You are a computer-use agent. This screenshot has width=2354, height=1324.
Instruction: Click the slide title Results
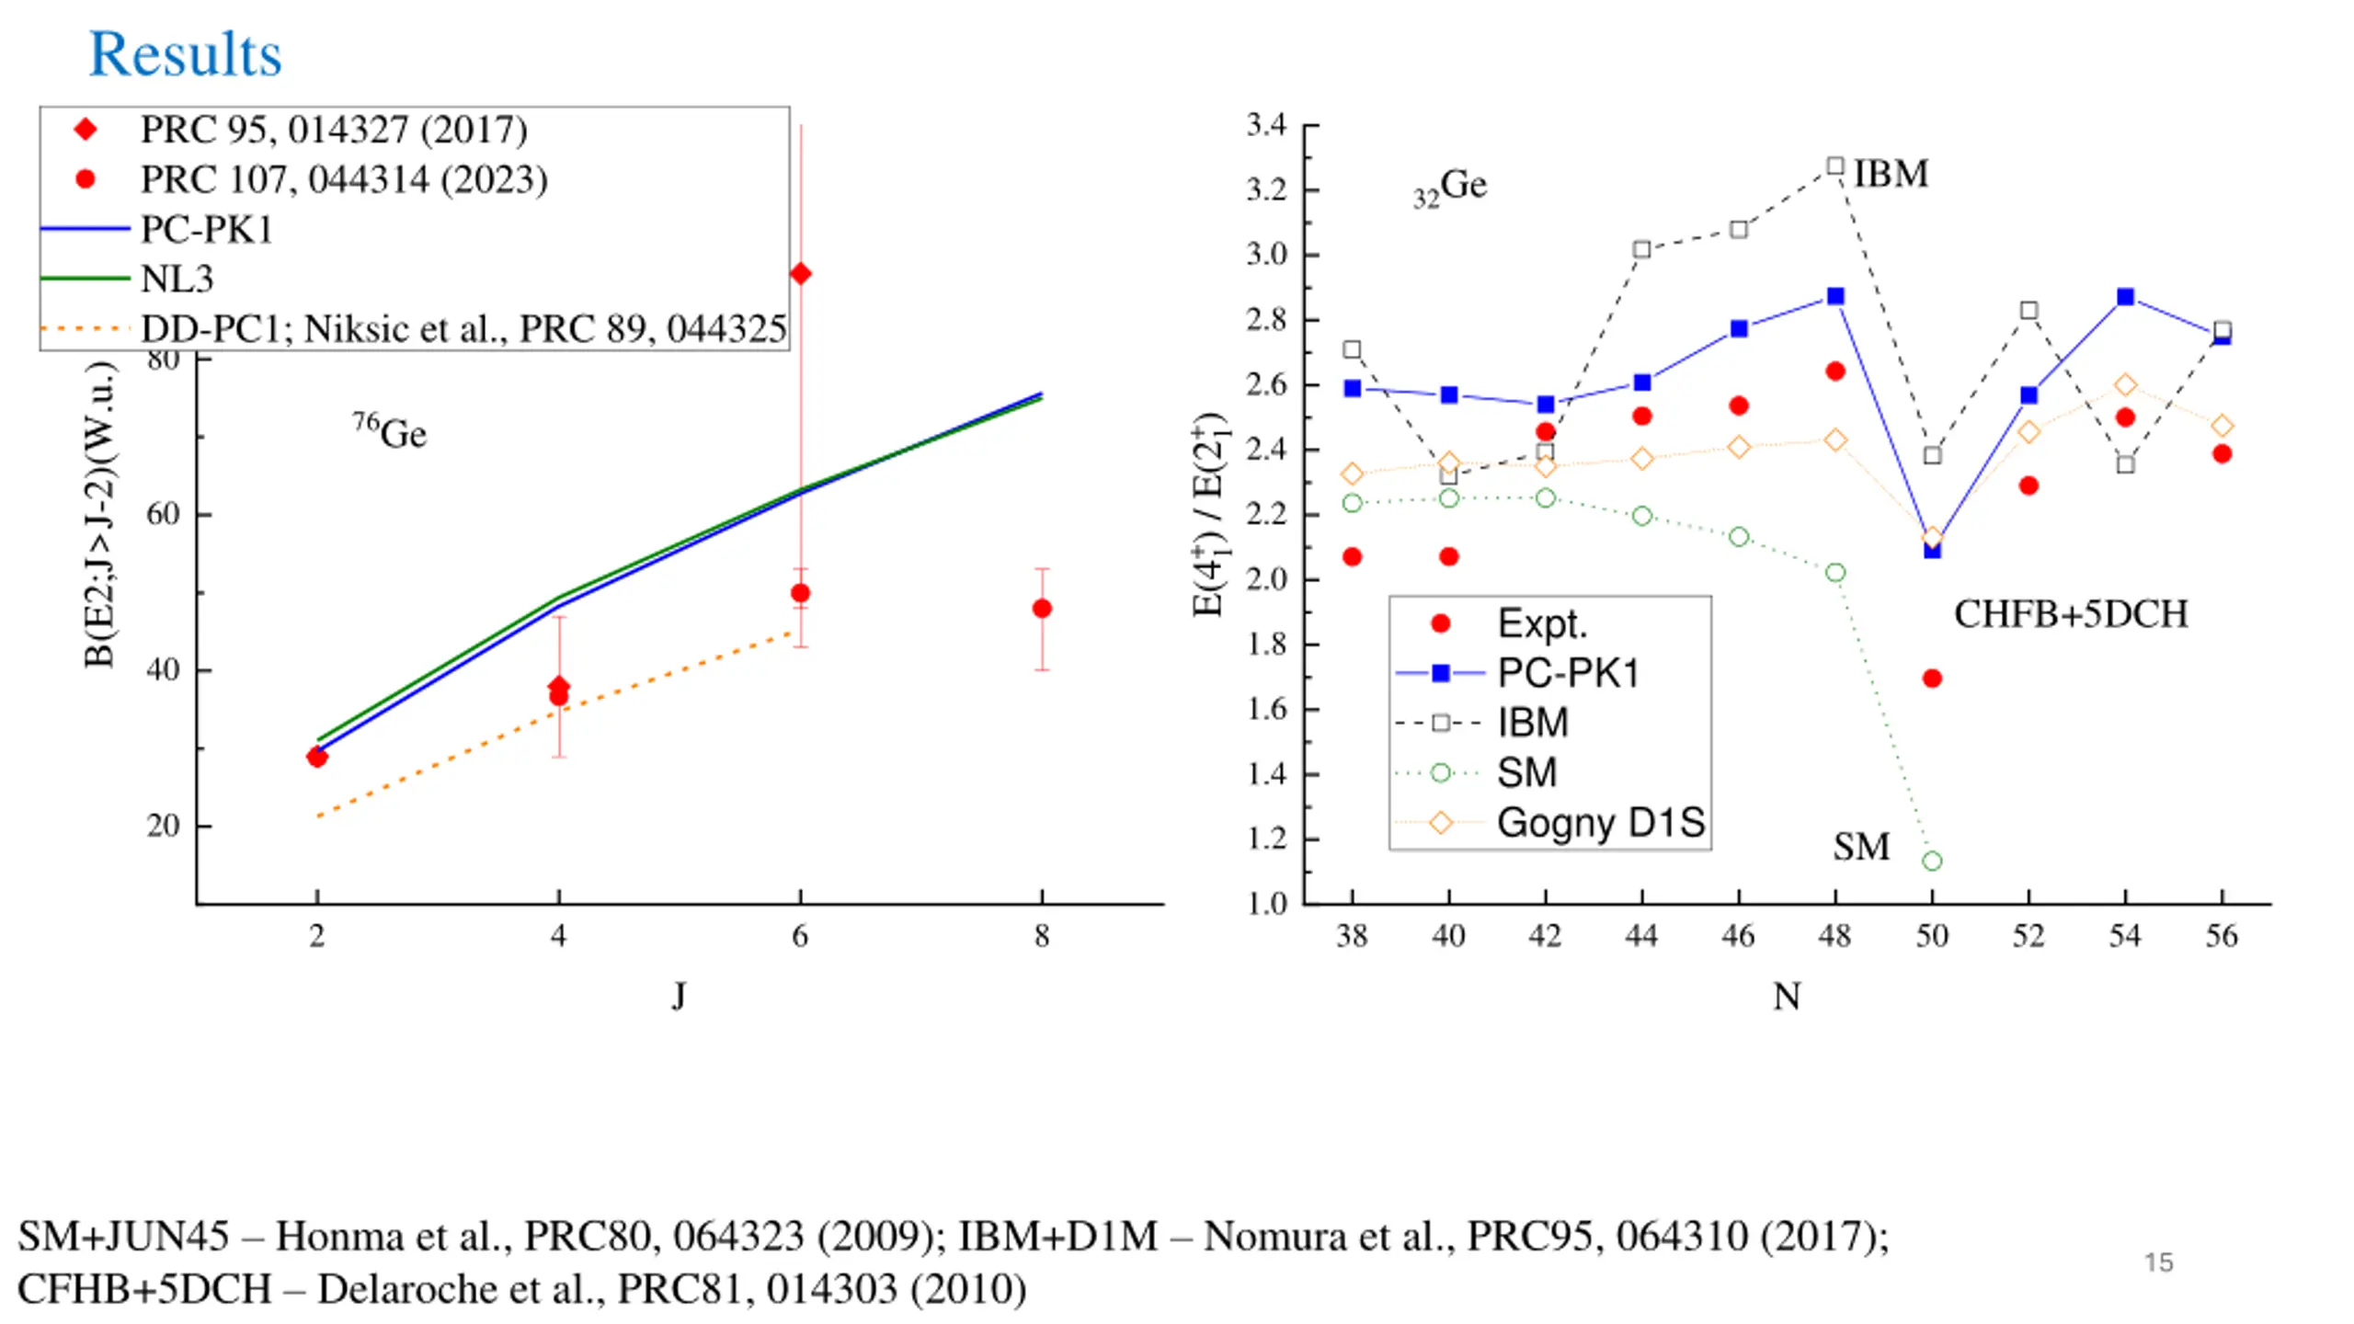(185, 54)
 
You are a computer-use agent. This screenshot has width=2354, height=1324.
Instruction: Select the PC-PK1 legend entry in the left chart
(206, 229)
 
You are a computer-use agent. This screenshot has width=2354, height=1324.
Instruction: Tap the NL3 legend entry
(177, 279)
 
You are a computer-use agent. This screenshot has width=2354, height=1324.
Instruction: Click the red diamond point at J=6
(800, 274)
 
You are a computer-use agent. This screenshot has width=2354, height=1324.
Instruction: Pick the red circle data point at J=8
(1042, 609)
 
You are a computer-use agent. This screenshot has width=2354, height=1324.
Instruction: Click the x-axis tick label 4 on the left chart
(558, 936)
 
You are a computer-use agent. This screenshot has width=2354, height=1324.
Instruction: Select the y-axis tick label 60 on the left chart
(163, 514)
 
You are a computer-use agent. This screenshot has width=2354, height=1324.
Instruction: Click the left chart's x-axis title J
(679, 996)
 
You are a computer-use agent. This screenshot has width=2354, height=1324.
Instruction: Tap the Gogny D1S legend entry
(1600, 823)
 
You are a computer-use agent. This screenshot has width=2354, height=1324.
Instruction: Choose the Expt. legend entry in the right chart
(1542, 624)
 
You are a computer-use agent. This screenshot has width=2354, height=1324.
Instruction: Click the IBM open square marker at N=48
(1834, 166)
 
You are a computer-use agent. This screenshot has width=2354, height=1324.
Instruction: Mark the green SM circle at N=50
(1932, 862)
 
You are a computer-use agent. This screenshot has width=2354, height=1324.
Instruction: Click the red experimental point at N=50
(1932, 679)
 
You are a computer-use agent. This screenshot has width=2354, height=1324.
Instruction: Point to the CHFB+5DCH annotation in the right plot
(2071, 614)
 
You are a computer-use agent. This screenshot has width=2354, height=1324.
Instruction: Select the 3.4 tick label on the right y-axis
(1266, 125)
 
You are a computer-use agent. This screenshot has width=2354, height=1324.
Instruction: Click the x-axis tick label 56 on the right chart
(2222, 936)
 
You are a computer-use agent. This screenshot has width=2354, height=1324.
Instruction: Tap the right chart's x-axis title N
(1787, 997)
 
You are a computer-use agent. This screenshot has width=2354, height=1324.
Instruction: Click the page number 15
(2158, 1262)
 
